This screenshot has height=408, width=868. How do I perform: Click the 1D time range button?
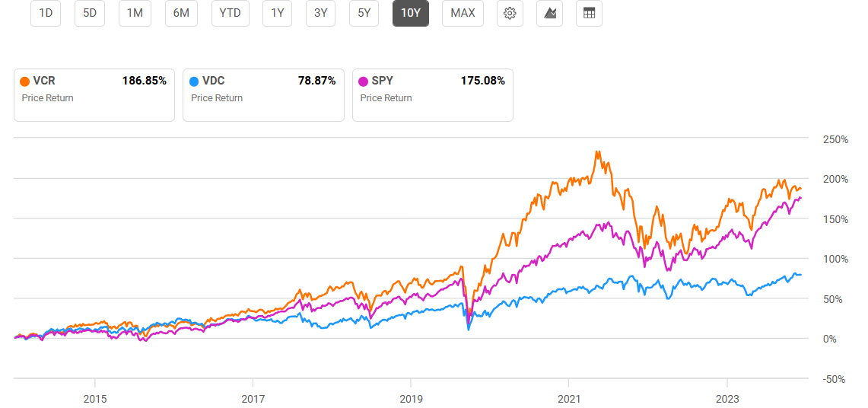pyautogui.click(x=46, y=13)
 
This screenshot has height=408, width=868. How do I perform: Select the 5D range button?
pyautogui.click(x=90, y=13)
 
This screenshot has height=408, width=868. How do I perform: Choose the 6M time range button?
pyautogui.click(x=181, y=13)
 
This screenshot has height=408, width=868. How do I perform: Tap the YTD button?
pyautogui.click(x=230, y=13)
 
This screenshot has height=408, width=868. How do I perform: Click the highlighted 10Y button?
pyautogui.click(x=411, y=13)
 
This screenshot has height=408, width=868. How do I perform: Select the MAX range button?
pyautogui.click(x=463, y=13)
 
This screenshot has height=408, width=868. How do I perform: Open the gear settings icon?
pyautogui.click(x=510, y=13)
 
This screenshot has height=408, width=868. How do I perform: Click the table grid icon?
pyautogui.click(x=589, y=13)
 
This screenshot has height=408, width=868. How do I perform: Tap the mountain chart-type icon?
pyautogui.click(x=549, y=13)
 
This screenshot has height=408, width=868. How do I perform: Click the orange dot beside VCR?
pyautogui.click(x=25, y=81)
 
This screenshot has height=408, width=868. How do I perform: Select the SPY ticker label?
pyautogui.click(x=383, y=81)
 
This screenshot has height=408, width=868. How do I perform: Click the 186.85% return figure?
pyautogui.click(x=145, y=81)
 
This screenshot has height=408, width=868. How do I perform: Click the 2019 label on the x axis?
pyautogui.click(x=411, y=398)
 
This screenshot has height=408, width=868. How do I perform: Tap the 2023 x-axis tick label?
pyautogui.click(x=727, y=398)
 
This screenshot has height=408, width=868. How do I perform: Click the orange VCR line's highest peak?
pyautogui.click(x=598, y=151)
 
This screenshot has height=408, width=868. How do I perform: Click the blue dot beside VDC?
pyautogui.click(x=194, y=81)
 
